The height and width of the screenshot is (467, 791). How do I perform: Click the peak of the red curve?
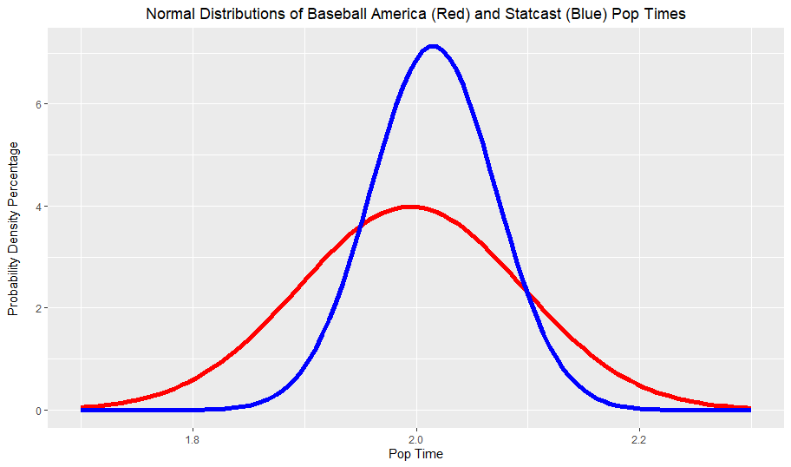pos(411,207)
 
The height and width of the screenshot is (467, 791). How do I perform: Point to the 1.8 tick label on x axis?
pos(193,438)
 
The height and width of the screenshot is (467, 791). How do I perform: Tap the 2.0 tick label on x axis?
pos(416,438)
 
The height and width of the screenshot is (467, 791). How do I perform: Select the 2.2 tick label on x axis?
pos(639,438)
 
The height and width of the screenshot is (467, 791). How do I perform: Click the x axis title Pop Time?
pos(415,453)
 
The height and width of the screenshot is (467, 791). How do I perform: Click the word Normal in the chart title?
pos(170,15)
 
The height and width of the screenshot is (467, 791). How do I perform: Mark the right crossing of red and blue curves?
pos(527,291)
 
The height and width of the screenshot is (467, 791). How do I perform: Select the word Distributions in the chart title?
pos(242,15)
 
